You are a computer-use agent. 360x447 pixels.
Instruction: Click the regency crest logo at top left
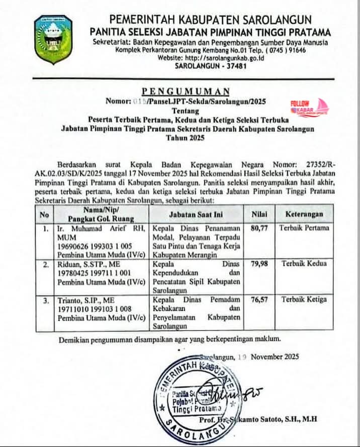coord(53,40)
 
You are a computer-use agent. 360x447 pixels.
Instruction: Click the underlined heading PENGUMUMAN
coord(186,91)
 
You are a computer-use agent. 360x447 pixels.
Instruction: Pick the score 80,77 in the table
coord(259,228)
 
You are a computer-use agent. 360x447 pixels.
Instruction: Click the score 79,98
coord(259,263)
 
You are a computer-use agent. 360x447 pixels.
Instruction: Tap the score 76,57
coord(259,299)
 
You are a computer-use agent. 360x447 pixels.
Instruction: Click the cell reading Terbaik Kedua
coord(304,263)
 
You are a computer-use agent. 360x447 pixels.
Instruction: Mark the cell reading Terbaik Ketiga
coord(304,299)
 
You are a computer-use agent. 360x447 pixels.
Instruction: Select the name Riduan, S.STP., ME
coord(89,263)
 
